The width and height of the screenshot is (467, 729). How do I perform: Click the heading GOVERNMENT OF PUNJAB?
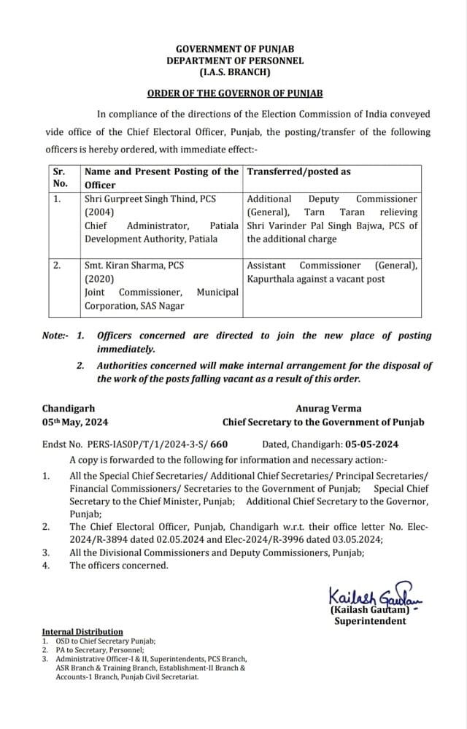pos(234,49)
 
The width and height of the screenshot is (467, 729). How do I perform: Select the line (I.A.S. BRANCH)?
pos(234,72)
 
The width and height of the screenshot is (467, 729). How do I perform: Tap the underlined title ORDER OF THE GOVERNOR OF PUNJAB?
pos(234,94)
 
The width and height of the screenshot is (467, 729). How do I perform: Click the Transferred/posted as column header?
pos(299,171)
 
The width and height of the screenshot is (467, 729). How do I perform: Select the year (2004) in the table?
pos(98,212)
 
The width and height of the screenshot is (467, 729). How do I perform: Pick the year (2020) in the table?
pos(98,279)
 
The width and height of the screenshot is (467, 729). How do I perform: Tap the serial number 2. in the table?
pos(57,266)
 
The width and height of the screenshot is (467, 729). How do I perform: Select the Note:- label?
pos(55,336)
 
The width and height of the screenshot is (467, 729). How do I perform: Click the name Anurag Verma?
pos(328,409)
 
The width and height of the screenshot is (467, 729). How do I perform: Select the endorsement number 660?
pos(218,444)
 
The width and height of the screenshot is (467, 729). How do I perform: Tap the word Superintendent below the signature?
pos(369,621)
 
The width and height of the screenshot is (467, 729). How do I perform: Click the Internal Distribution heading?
pos(82,632)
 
